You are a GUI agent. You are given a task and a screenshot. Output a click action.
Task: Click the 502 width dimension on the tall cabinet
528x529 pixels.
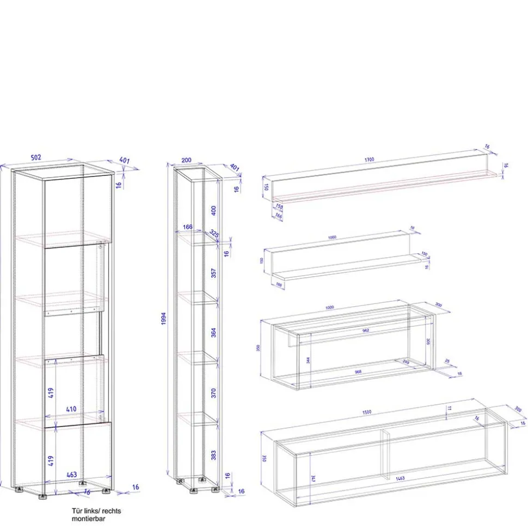coord(36,157)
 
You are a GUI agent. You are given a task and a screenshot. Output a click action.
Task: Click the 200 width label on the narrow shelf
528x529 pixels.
coord(186,161)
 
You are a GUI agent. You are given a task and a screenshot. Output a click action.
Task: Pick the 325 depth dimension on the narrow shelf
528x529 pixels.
coord(214,234)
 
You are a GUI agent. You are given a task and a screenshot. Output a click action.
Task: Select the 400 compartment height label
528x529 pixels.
coord(214,210)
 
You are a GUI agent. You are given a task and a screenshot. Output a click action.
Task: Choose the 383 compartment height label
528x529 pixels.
coord(214,453)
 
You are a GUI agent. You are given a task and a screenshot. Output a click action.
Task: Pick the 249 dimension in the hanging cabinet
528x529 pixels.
coord(406,362)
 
